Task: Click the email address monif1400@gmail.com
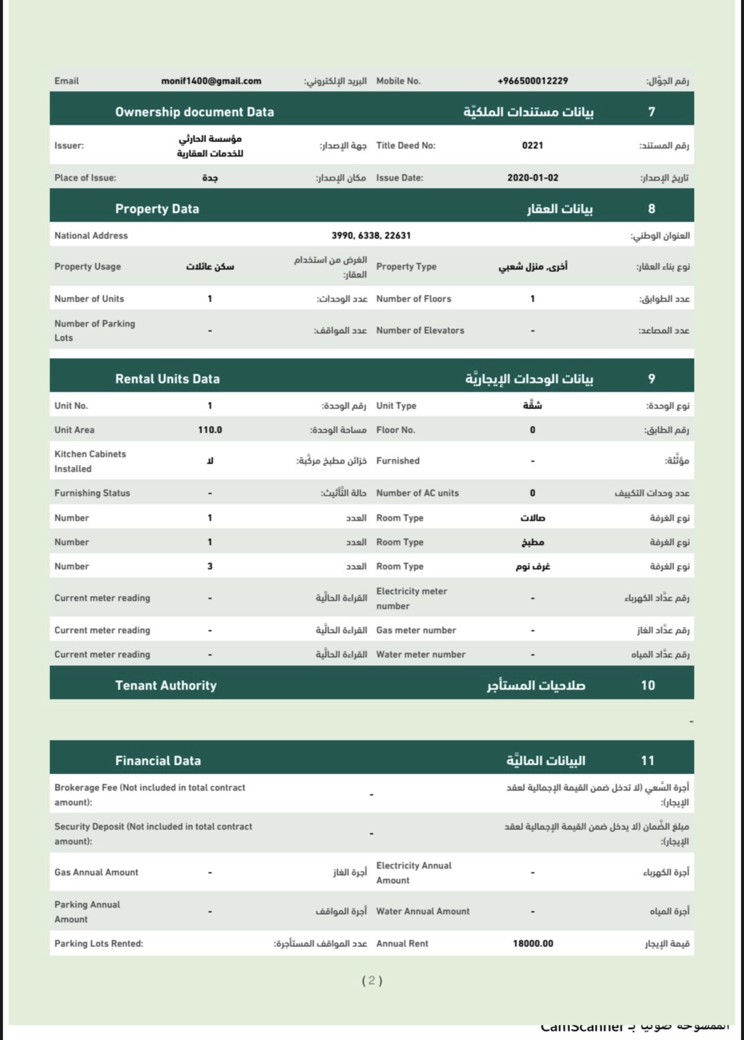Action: tap(211, 81)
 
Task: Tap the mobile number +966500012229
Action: tap(532, 81)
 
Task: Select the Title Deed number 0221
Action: tap(532, 145)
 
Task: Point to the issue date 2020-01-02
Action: tap(532, 178)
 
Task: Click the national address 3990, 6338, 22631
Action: tap(371, 235)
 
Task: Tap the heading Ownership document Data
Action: tap(194, 112)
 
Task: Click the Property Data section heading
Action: tap(157, 209)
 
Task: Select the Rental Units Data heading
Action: tap(167, 379)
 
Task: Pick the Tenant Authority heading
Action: tap(166, 685)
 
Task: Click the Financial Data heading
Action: tap(158, 761)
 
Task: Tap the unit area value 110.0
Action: tap(210, 430)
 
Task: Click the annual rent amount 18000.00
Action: tap(532, 944)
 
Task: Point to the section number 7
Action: tap(651, 112)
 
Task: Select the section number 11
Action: tap(648, 761)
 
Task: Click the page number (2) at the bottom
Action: tap(372, 981)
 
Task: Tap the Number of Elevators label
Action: tap(420, 330)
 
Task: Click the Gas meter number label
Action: tap(416, 630)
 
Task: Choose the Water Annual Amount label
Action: tap(423, 911)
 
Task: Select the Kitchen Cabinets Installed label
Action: tap(90, 461)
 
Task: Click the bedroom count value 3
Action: tap(210, 567)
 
